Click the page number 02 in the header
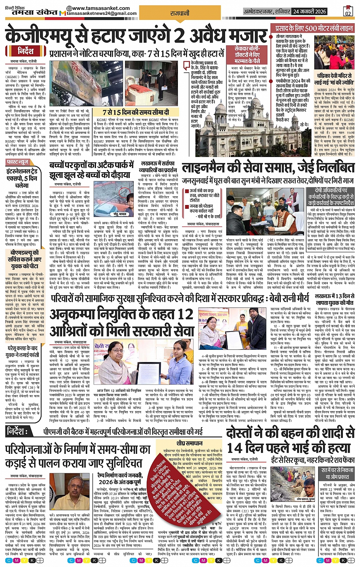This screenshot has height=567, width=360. click(347, 11)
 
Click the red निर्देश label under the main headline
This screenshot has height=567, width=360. click(26, 51)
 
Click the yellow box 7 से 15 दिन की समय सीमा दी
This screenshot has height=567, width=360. click(136, 112)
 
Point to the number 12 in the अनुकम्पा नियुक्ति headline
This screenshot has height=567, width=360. click(185, 314)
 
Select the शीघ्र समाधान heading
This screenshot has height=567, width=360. click(189, 443)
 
